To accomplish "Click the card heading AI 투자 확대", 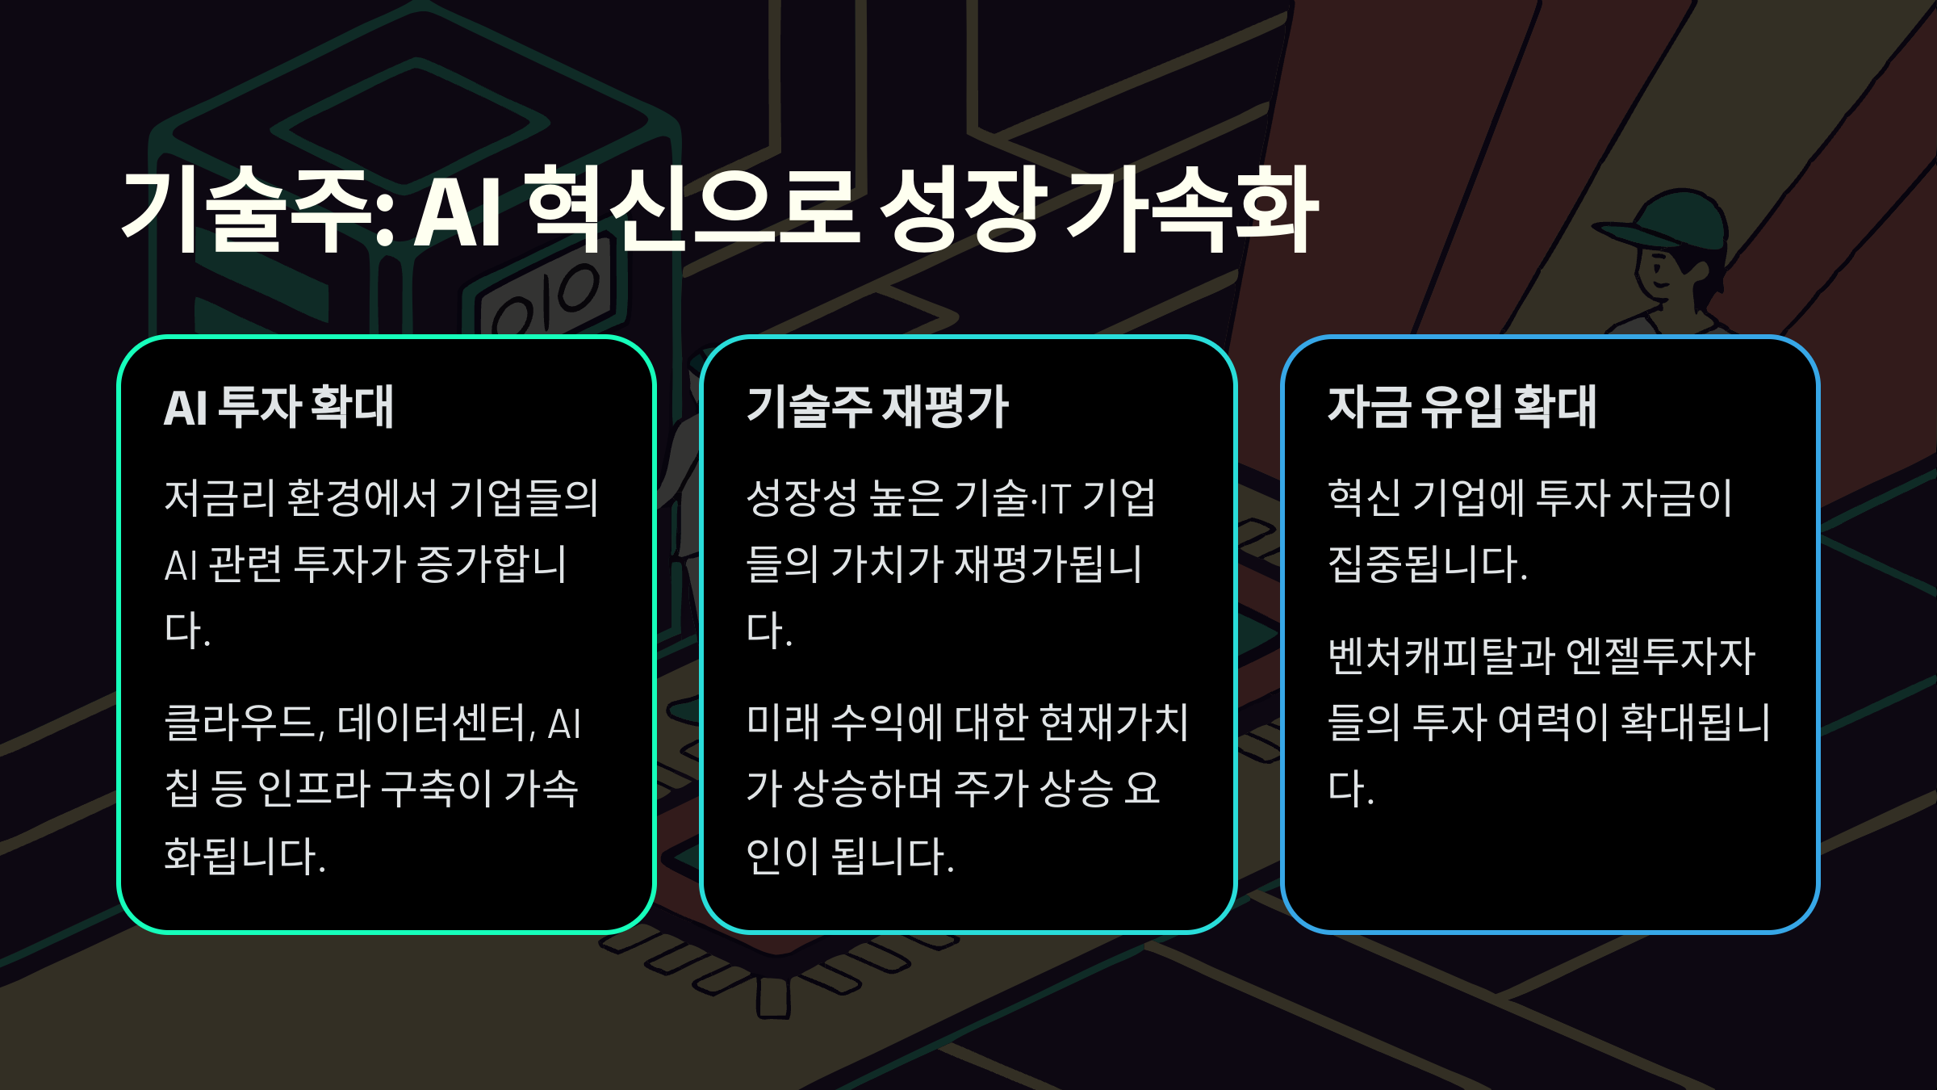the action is click(278, 407).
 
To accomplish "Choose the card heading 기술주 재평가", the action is click(877, 407).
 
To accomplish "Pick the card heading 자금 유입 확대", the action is click(1462, 407).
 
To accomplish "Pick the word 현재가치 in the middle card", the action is click(1114, 723).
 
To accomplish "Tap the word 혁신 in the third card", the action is click(1364, 498).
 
